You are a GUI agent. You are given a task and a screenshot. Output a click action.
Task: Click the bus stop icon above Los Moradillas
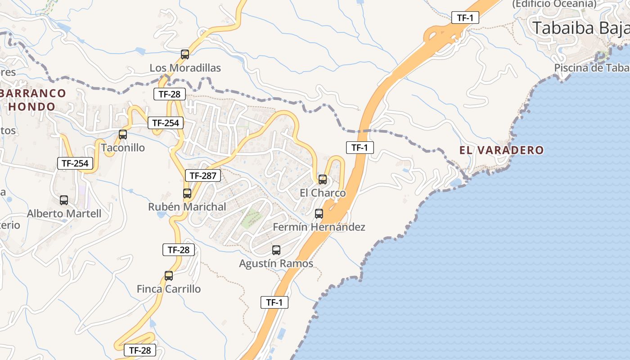(x=185, y=54)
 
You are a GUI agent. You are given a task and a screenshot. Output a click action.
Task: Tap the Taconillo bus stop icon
(x=122, y=134)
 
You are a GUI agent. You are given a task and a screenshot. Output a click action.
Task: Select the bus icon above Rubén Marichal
(x=187, y=193)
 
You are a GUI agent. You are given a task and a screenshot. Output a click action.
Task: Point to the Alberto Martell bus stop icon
(x=64, y=200)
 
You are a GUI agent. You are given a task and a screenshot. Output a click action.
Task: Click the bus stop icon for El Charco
(x=323, y=180)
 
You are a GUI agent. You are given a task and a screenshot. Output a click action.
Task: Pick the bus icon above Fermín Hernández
(x=319, y=214)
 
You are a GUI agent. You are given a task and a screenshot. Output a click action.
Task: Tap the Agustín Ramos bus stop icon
(x=276, y=250)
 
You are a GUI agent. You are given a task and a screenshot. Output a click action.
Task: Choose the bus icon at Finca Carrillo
(x=169, y=276)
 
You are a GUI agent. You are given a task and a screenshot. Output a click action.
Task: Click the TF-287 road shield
(x=203, y=175)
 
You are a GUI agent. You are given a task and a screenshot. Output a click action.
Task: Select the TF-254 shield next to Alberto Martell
(x=75, y=163)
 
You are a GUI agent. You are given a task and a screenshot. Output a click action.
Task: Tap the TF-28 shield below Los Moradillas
(x=169, y=94)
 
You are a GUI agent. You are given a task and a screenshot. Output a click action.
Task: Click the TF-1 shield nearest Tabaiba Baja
(x=465, y=18)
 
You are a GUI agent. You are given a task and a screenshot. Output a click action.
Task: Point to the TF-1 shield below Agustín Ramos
(x=274, y=302)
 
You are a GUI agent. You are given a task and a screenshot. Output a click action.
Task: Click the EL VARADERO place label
(x=501, y=150)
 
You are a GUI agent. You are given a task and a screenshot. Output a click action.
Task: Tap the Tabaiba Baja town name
(x=580, y=28)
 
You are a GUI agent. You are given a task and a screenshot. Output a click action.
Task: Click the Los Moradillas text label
(x=185, y=68)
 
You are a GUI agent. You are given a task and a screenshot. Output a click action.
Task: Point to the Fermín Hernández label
(x=319, y=227)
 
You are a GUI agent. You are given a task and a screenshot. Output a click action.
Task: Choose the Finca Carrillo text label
(x=169, y=289)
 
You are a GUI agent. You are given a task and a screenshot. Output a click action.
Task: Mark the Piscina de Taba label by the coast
(x=591, y=68)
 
